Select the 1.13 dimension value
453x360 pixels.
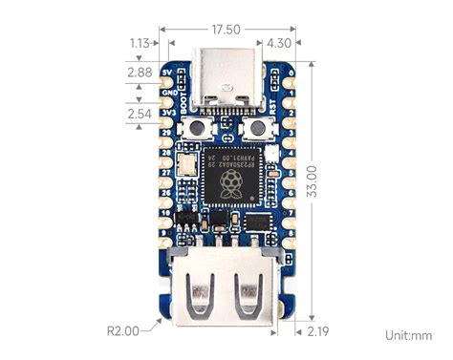tap(140, 43)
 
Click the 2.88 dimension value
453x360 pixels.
tap(140, 72)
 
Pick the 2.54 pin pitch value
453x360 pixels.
tap(140, 115)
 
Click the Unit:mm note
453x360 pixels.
tap(408, 335)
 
